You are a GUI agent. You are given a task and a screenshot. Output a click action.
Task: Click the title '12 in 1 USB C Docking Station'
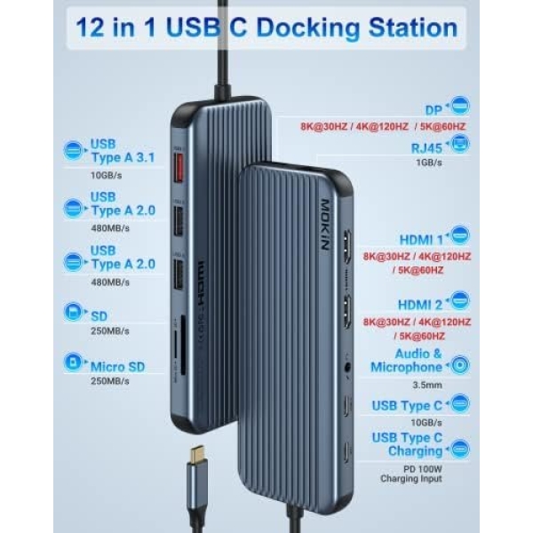(x=266, y=27)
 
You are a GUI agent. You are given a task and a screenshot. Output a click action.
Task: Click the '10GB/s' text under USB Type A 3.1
(x=107, y=176)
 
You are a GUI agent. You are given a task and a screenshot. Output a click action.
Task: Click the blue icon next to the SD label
(x=74, y=314)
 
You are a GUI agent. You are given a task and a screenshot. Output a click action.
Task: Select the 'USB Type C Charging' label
(x=406, y=444)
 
